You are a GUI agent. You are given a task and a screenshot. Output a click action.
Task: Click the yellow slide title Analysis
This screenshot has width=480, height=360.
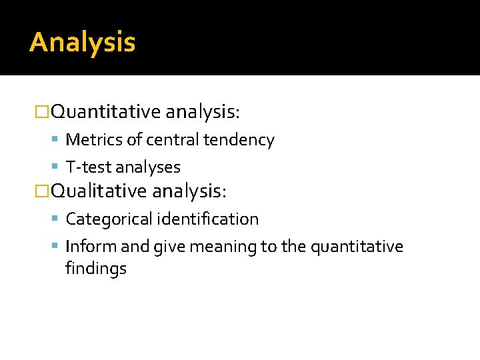(x=83, y=43)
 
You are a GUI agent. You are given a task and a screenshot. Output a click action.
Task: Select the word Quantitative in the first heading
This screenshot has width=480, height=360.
(x=106, y=111)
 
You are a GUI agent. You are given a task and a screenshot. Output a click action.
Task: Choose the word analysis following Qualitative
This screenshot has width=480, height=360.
(x=189, y=191)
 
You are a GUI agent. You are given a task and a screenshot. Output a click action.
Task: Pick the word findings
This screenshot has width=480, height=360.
(x=96, y=269)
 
